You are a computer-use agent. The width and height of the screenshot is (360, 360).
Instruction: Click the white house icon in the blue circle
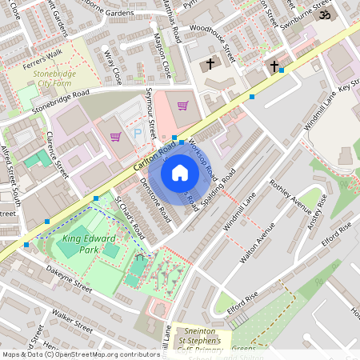[x=180, y=172]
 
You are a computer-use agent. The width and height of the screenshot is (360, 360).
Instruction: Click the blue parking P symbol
[x=136, y=134]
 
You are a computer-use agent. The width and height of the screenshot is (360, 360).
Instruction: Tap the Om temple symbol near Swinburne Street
[x=325, y=14]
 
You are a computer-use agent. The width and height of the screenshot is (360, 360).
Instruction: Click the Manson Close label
[x=162, y=58]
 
